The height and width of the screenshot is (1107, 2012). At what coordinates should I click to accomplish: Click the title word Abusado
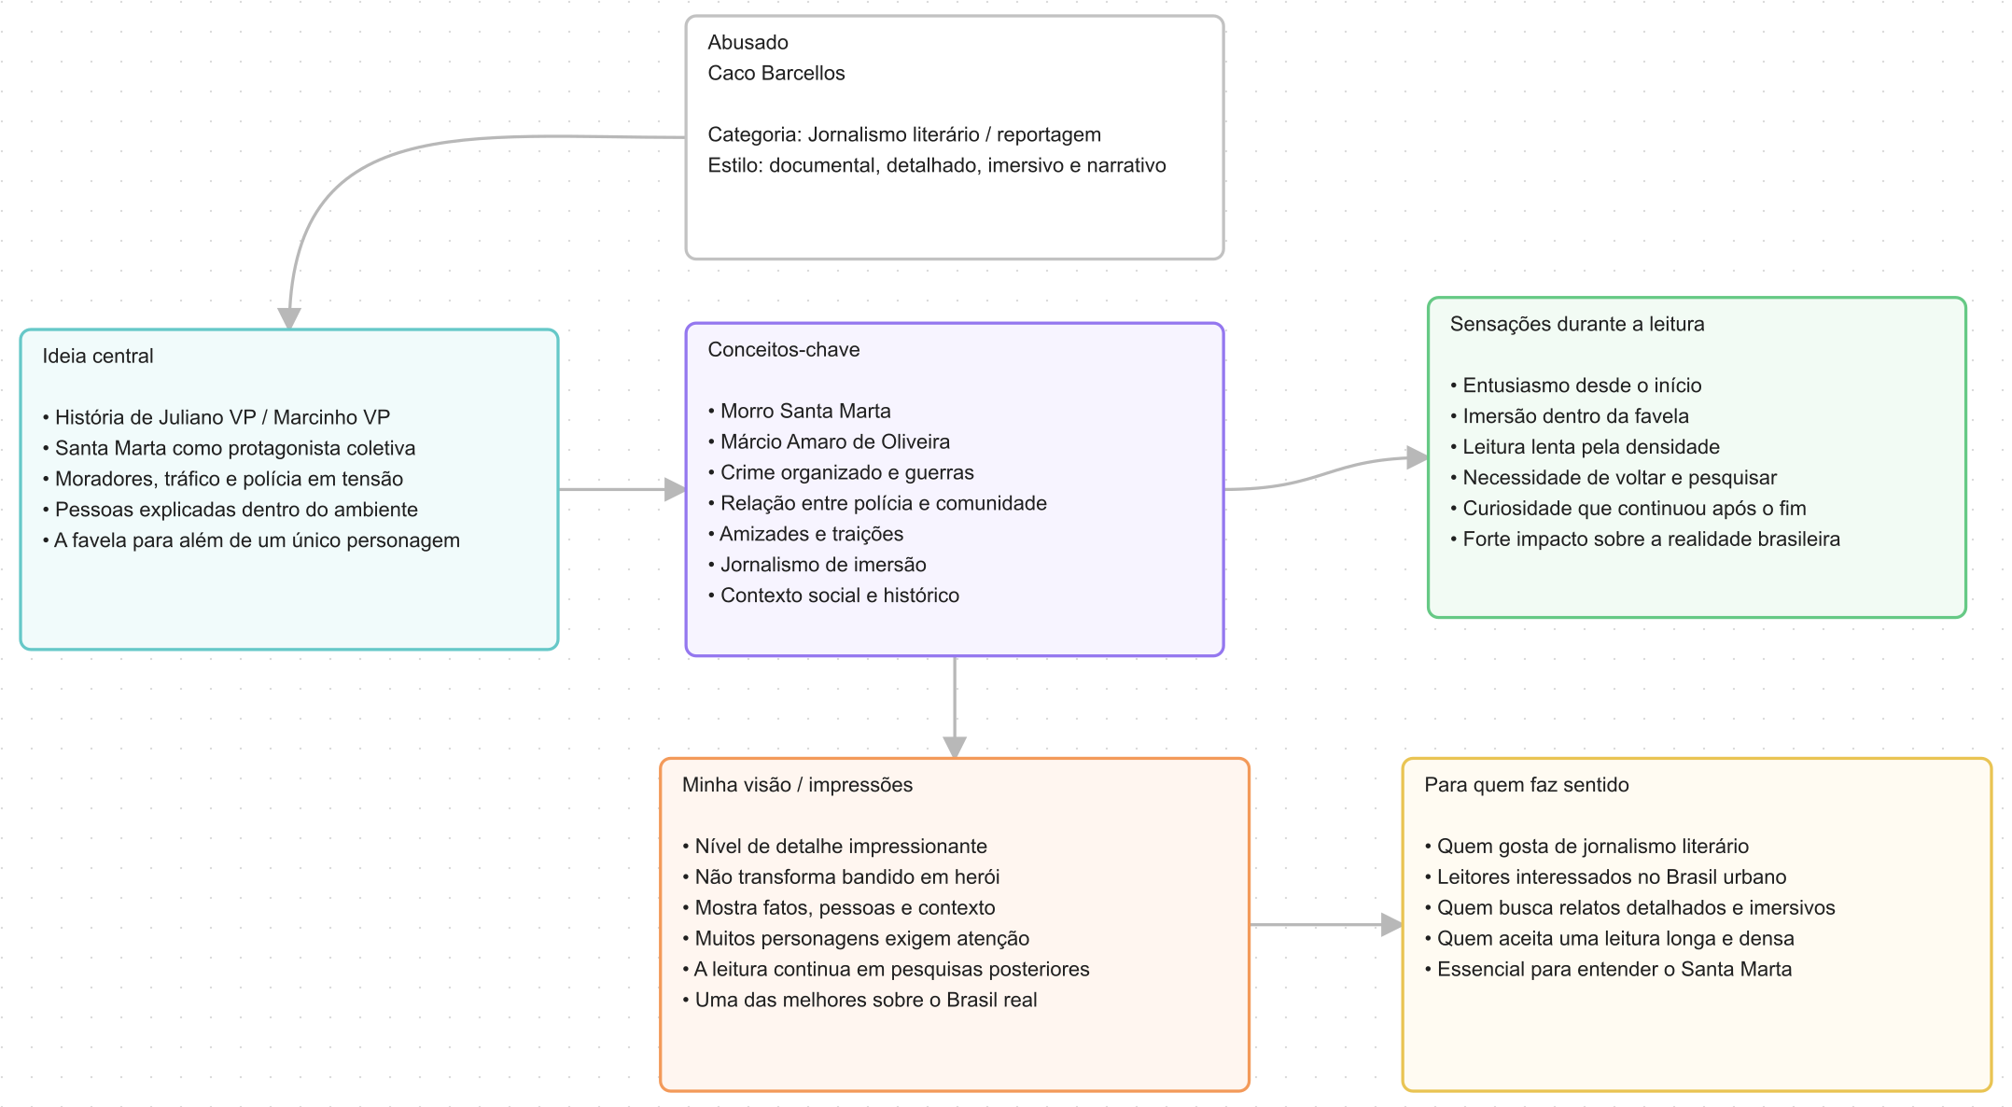(x=748, y=42)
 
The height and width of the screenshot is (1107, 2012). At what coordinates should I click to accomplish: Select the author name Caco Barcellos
(x=776, y=73)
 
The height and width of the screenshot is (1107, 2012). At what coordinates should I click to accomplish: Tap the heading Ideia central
(x=98, y=356)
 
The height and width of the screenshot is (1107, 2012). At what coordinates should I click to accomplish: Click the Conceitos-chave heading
(x=784, y=349)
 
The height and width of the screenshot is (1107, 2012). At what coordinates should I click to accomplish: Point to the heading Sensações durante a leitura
(x=1577, y=324)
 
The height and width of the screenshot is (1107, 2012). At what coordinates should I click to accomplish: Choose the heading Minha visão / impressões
(x=797, y=785)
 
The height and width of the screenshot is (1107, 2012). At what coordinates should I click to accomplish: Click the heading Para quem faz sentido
(x=1527, y=785)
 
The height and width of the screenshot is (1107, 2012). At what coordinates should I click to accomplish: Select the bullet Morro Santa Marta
(x=800, y=411)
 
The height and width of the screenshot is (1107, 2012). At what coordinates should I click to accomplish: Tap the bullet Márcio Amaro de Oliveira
(x=829, y=441)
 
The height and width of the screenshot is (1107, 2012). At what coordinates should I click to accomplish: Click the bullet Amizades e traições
(x=805, y=534)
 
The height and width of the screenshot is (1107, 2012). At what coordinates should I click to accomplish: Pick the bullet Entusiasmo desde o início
(x=1576, y=385)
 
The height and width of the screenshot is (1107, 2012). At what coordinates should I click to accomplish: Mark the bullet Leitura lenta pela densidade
(x=1585, y=447)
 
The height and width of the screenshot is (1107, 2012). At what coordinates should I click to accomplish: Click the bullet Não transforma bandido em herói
(x=841, y=877)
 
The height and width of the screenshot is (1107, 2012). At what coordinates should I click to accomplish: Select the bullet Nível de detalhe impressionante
(x=834, y=847)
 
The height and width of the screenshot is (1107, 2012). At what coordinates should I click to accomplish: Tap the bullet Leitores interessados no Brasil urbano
(x=1605, y=877)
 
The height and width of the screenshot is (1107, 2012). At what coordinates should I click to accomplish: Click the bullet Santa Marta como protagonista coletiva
(x=229, y=448)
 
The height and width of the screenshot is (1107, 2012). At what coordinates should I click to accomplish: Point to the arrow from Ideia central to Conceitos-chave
(x=622, y=489)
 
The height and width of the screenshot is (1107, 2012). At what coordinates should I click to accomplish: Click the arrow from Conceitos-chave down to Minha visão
(x=955, y=708)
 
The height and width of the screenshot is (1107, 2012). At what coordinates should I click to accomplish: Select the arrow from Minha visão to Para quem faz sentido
(x=1326, y=925)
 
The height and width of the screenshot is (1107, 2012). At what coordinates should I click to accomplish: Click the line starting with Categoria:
(x=904, y=134)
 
